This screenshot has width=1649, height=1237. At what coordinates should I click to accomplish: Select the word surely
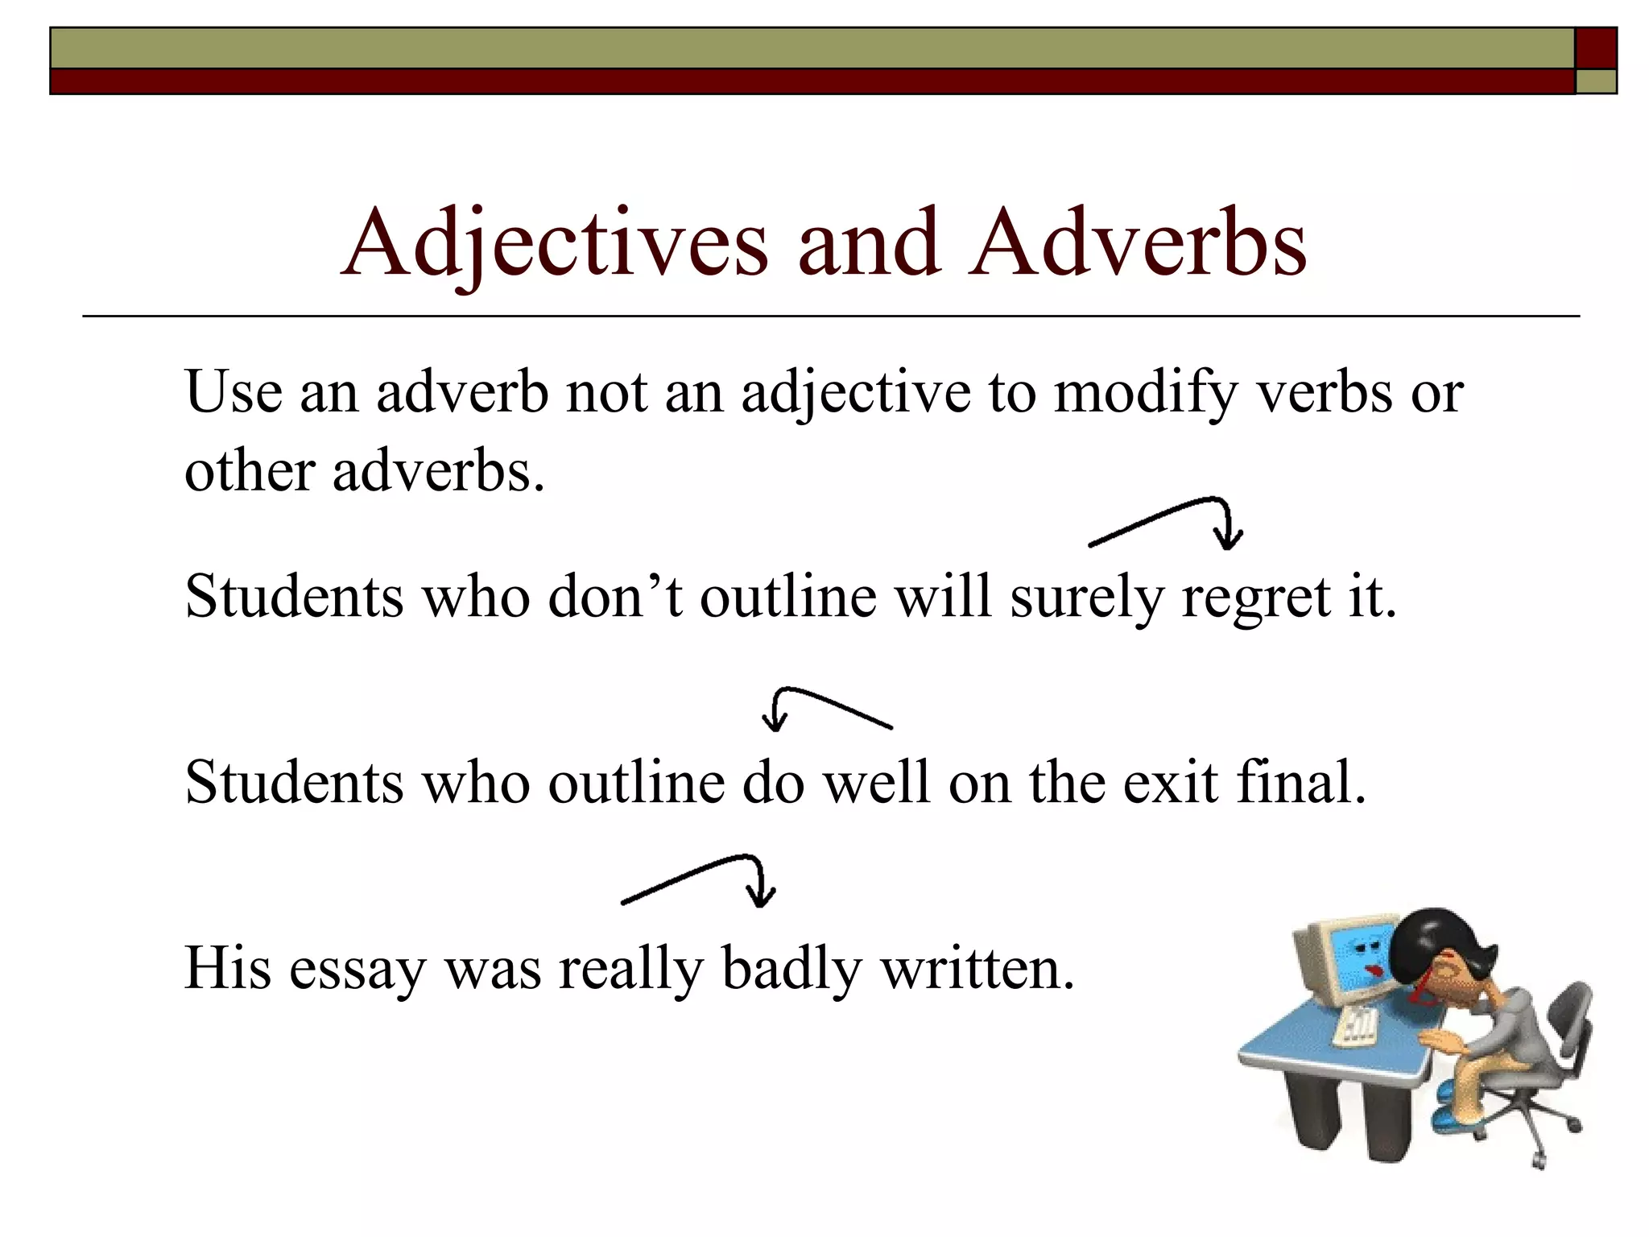coord(1087,598)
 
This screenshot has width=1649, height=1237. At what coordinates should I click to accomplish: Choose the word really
coord(630,968)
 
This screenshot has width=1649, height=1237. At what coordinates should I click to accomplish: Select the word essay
coord(357,968)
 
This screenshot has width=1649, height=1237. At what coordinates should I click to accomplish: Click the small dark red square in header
coord(1596,48)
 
